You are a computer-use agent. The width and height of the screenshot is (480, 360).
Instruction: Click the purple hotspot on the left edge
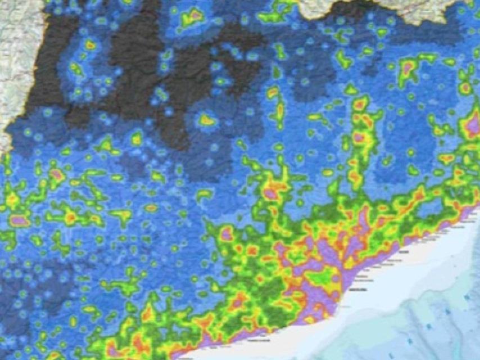(19, 220)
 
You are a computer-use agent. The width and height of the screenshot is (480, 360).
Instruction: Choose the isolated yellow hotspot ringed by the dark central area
(207, 120)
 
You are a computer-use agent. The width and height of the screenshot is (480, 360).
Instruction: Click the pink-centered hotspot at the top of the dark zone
(193, 17)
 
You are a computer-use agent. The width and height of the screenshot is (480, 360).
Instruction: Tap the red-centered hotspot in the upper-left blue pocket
(90, 45)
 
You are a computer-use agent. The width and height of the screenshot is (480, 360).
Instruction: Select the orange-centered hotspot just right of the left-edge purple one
(71, 216)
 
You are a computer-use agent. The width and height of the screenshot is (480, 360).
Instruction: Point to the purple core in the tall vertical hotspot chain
(359, 137)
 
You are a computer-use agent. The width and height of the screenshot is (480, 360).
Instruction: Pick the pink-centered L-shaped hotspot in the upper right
(409, 67)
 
